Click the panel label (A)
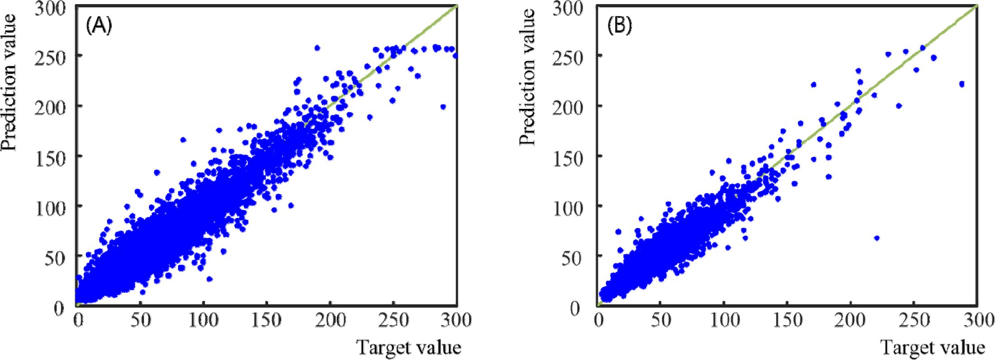point(98,26)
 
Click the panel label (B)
point(619,26)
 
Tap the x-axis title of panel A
point(409,347)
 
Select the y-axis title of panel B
point(527,77)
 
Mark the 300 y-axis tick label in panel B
point(568,8)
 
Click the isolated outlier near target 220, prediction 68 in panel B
point(877,238)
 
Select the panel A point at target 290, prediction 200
point(443,107)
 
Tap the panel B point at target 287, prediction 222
point(962,84)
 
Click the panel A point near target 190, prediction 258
point(317,48)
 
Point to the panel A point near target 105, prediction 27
point(209,279)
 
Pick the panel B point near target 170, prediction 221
point(814,84)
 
